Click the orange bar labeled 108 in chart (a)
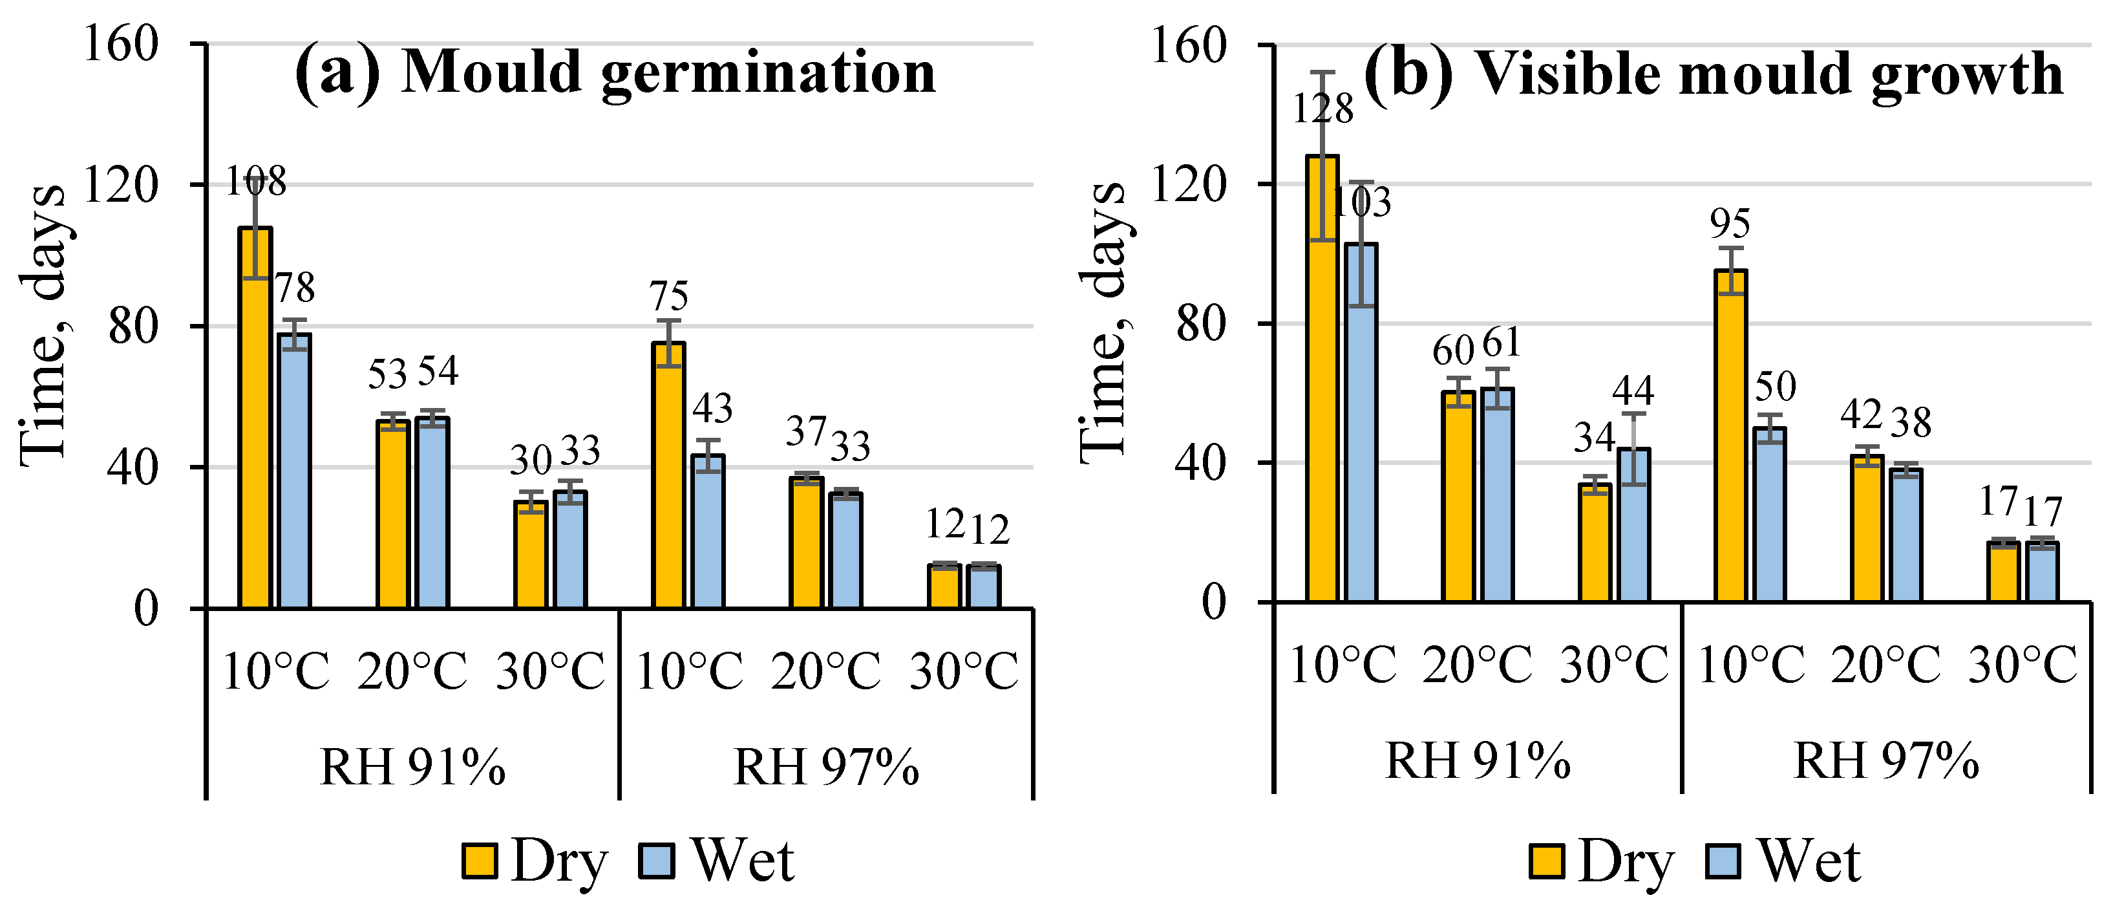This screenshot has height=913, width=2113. coord(255,418)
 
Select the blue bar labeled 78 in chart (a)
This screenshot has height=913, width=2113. coord(293,471)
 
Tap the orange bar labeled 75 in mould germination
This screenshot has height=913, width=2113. coord(668,476)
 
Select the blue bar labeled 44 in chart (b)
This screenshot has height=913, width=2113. coord(1634,526)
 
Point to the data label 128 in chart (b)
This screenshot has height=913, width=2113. coord(1322,109)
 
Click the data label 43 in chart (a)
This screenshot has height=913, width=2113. coord(712,409)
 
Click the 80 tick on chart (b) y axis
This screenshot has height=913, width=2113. coord(1201,324)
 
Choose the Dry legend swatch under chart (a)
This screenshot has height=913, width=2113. coord(479,861)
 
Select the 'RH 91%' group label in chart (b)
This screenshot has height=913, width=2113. coord(1478,761)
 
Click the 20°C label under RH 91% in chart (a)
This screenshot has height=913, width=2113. coord(412,671)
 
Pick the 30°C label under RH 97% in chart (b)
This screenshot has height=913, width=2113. coord(2023,665)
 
